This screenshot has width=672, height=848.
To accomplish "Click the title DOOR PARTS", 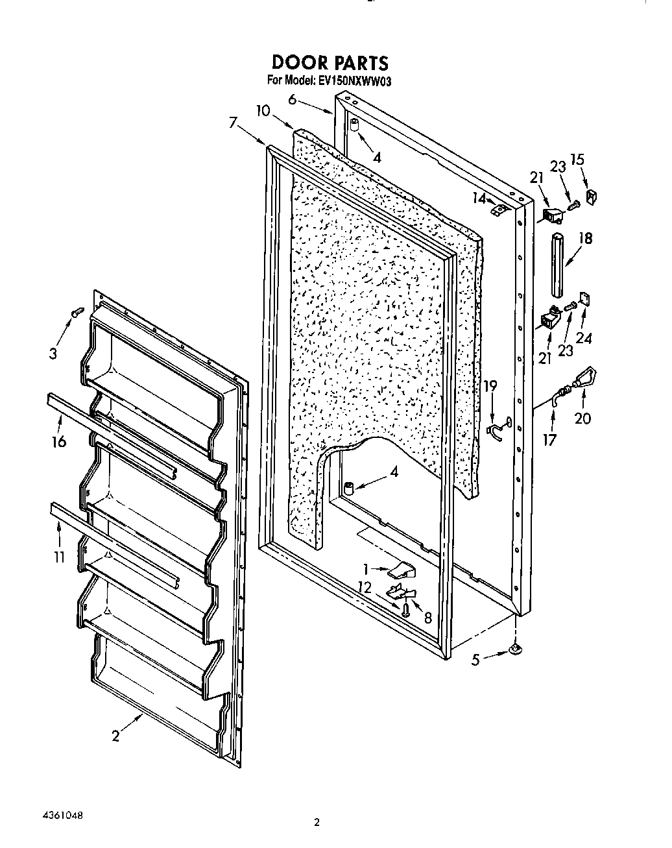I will pos(330,62).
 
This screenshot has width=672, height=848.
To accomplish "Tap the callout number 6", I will pos(293,99).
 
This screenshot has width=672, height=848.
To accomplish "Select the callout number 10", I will pos(262,110).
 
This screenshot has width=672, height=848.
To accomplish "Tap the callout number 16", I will pos(59,442).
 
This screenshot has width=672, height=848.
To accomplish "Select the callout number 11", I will pos(59,556).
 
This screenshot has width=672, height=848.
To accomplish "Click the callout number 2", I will pos(115,736).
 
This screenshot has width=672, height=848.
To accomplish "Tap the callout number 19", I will pos(490,386).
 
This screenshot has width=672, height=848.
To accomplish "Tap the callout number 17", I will pos(549,439).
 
